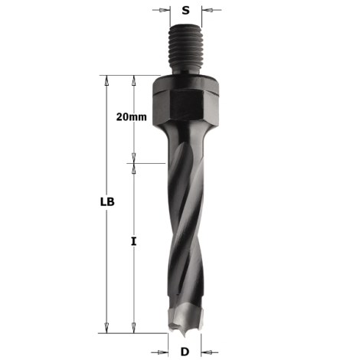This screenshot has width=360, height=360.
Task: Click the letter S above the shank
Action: pos(185,11)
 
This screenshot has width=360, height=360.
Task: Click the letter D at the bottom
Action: pos(185,352)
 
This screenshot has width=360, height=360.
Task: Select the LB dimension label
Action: pos(108,203)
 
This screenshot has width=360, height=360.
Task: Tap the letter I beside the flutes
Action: pos(134,241)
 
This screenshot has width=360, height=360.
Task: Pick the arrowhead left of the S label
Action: pos(162,11)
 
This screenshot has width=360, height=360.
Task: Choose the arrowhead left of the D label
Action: pos(163,352)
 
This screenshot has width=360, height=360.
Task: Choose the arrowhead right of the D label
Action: pos(205,352)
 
